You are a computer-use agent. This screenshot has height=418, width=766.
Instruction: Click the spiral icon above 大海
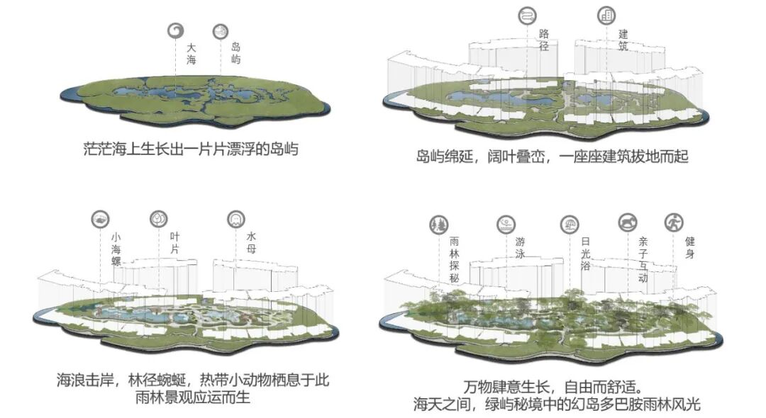coord(175,30)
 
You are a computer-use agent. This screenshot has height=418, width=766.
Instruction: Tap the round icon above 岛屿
coord(221,31)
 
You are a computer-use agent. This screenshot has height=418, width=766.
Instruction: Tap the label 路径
coord(545,40)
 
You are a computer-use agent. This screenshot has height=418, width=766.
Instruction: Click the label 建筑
coord(623,40)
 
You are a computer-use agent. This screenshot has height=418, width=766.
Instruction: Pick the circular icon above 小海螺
coord(101,219)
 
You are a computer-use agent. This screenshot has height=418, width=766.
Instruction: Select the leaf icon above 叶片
coord(159,219)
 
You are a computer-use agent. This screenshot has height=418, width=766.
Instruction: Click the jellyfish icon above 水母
coord(235,219)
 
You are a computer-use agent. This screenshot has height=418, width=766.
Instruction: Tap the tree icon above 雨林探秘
coord(438,225)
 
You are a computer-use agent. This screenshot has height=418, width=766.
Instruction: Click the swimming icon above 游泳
coord(505,225)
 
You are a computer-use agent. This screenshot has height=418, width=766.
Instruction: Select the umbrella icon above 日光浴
coord(569,225)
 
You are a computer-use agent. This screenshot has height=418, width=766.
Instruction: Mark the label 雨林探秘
coord(455,261)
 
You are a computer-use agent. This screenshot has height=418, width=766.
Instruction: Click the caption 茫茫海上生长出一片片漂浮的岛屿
coord(190,149)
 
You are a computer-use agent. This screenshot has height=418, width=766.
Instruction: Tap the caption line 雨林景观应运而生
coord(192,398)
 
